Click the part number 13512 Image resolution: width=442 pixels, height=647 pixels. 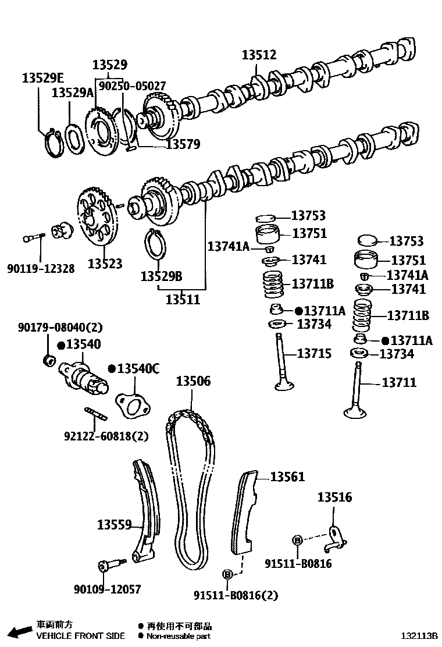(259, 55)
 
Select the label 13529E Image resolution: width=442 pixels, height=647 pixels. (44, 78)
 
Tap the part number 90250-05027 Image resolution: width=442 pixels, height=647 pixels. (132, 86)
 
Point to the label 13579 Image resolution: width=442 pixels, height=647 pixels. (183, 144)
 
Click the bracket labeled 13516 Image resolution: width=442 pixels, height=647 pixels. (334, 539)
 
